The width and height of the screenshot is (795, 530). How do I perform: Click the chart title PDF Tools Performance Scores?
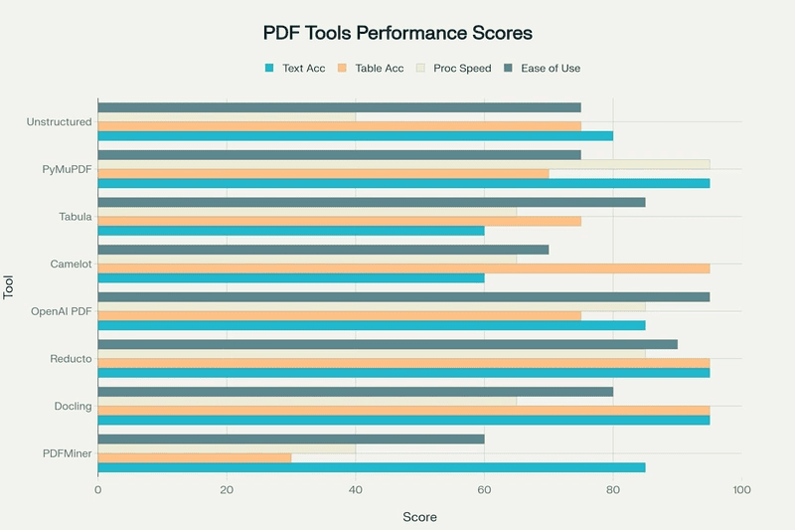397,33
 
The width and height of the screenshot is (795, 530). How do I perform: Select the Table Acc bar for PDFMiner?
195,457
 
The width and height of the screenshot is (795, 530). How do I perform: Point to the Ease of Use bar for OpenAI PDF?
403,296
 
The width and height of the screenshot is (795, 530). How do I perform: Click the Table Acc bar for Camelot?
403,268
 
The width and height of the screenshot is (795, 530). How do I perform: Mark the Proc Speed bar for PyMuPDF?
403,164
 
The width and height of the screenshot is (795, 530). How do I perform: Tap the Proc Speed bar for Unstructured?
227,117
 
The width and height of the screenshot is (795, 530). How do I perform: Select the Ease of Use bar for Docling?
355,391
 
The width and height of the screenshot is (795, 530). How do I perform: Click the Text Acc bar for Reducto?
403,372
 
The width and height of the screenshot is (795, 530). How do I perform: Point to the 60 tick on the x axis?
484,490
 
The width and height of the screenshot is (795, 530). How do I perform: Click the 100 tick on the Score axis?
741,490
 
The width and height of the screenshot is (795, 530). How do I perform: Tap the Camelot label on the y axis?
71,265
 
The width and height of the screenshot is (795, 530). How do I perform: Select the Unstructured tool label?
60,122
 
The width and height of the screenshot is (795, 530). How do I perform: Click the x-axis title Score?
419,517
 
